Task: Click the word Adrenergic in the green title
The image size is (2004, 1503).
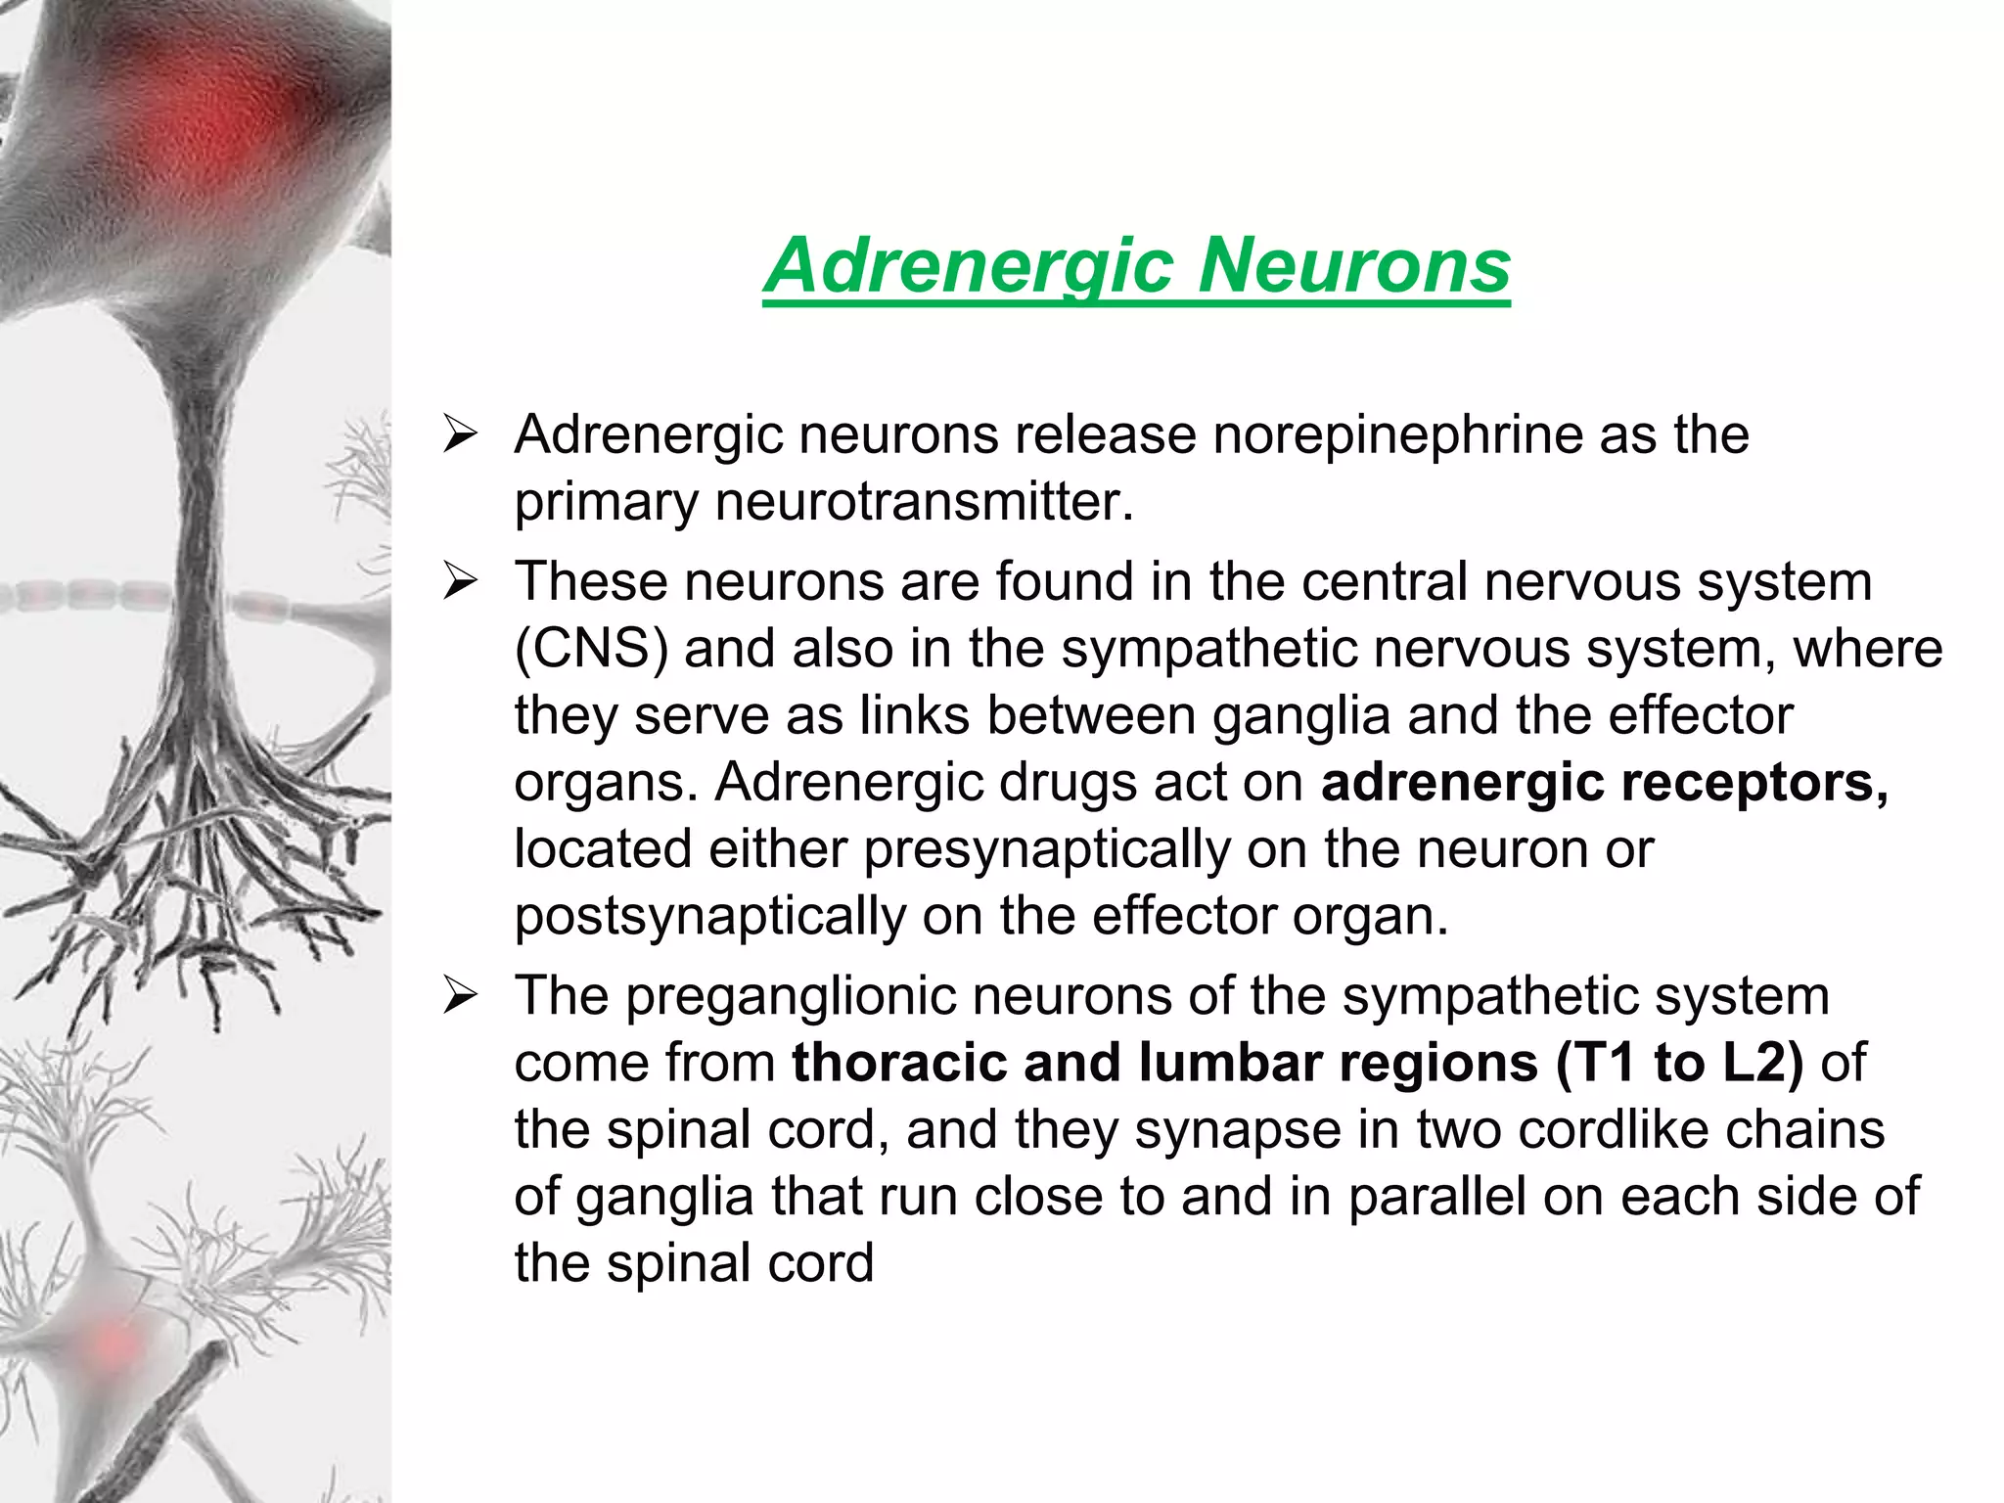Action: (970, 265)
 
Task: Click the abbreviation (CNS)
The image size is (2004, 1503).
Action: (591, 649)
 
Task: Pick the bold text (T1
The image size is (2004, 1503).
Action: (1596, 1063)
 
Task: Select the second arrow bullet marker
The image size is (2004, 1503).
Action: (459, 581)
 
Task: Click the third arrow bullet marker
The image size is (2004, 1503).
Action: (459, 996)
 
